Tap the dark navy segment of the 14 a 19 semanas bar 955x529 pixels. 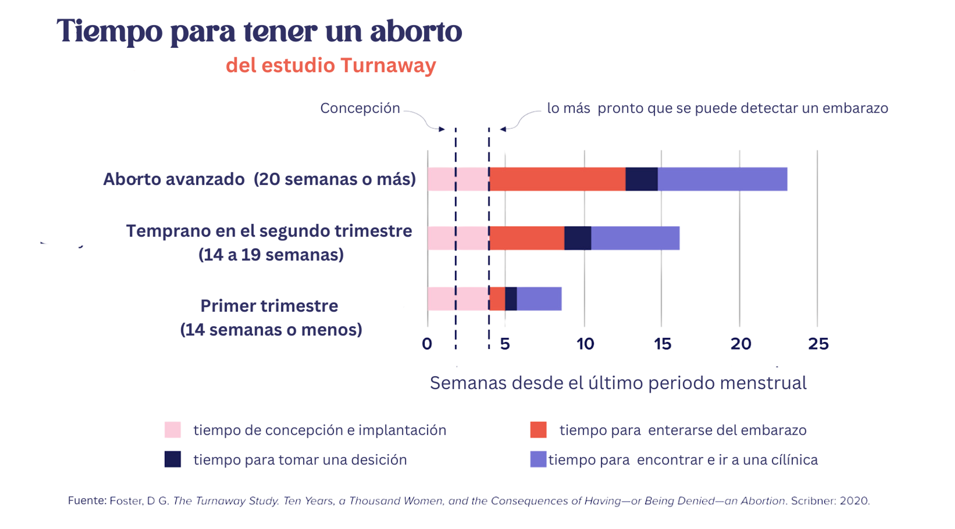coord(577,238)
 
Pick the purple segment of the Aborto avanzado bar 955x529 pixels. coord(722,179)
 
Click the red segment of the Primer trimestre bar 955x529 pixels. coord(497,299)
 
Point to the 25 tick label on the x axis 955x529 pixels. coord(818,344)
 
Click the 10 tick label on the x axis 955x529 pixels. coord(585,344)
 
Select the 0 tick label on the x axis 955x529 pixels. coord(427,344)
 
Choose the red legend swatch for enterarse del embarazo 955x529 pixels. coord(538,430)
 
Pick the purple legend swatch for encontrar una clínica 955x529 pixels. coord(538,459)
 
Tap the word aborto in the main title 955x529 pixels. coord(416,32)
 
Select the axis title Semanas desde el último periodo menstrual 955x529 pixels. coord(618,383)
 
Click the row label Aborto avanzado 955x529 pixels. coord(174,179)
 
